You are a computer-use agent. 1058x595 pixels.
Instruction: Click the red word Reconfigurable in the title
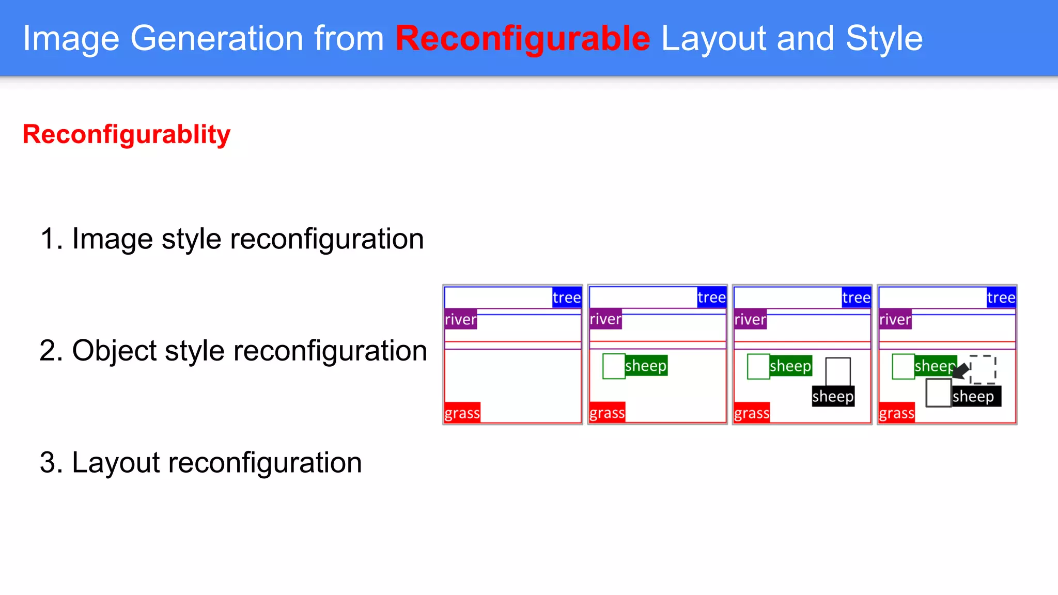tap(522, 39)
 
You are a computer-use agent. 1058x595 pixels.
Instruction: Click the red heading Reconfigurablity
tap(127, 135)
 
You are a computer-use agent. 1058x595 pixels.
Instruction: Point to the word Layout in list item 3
tap(116, 462)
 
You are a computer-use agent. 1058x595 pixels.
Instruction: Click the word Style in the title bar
tap(884, 39)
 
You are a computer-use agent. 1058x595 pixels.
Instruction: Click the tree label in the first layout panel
tap(566, 297)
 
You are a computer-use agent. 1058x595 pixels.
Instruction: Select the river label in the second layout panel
tap(605, 319)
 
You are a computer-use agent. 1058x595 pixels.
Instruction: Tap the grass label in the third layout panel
tap(752, 413)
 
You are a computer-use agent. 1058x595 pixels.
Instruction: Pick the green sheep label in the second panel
tap(646, 366)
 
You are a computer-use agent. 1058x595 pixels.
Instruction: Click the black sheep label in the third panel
tap(833, 397)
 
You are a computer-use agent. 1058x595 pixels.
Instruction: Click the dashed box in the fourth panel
tap(983, 369)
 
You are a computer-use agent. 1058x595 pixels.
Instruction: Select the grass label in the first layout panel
tap(462, 413)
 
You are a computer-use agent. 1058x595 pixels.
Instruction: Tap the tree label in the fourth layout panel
tap(1001, 297)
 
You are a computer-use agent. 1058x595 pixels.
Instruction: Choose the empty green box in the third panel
tap(758, 366)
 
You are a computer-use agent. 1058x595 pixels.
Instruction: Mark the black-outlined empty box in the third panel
tap(837, 371)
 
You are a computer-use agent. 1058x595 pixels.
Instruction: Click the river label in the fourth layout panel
tap(895, 319)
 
